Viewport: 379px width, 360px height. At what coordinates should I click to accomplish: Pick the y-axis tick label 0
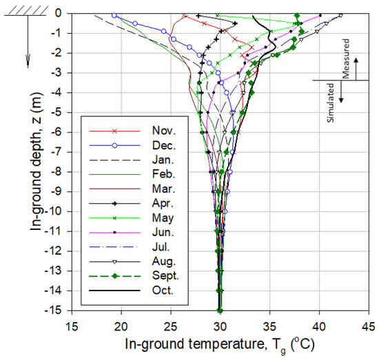tap(63, 13)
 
